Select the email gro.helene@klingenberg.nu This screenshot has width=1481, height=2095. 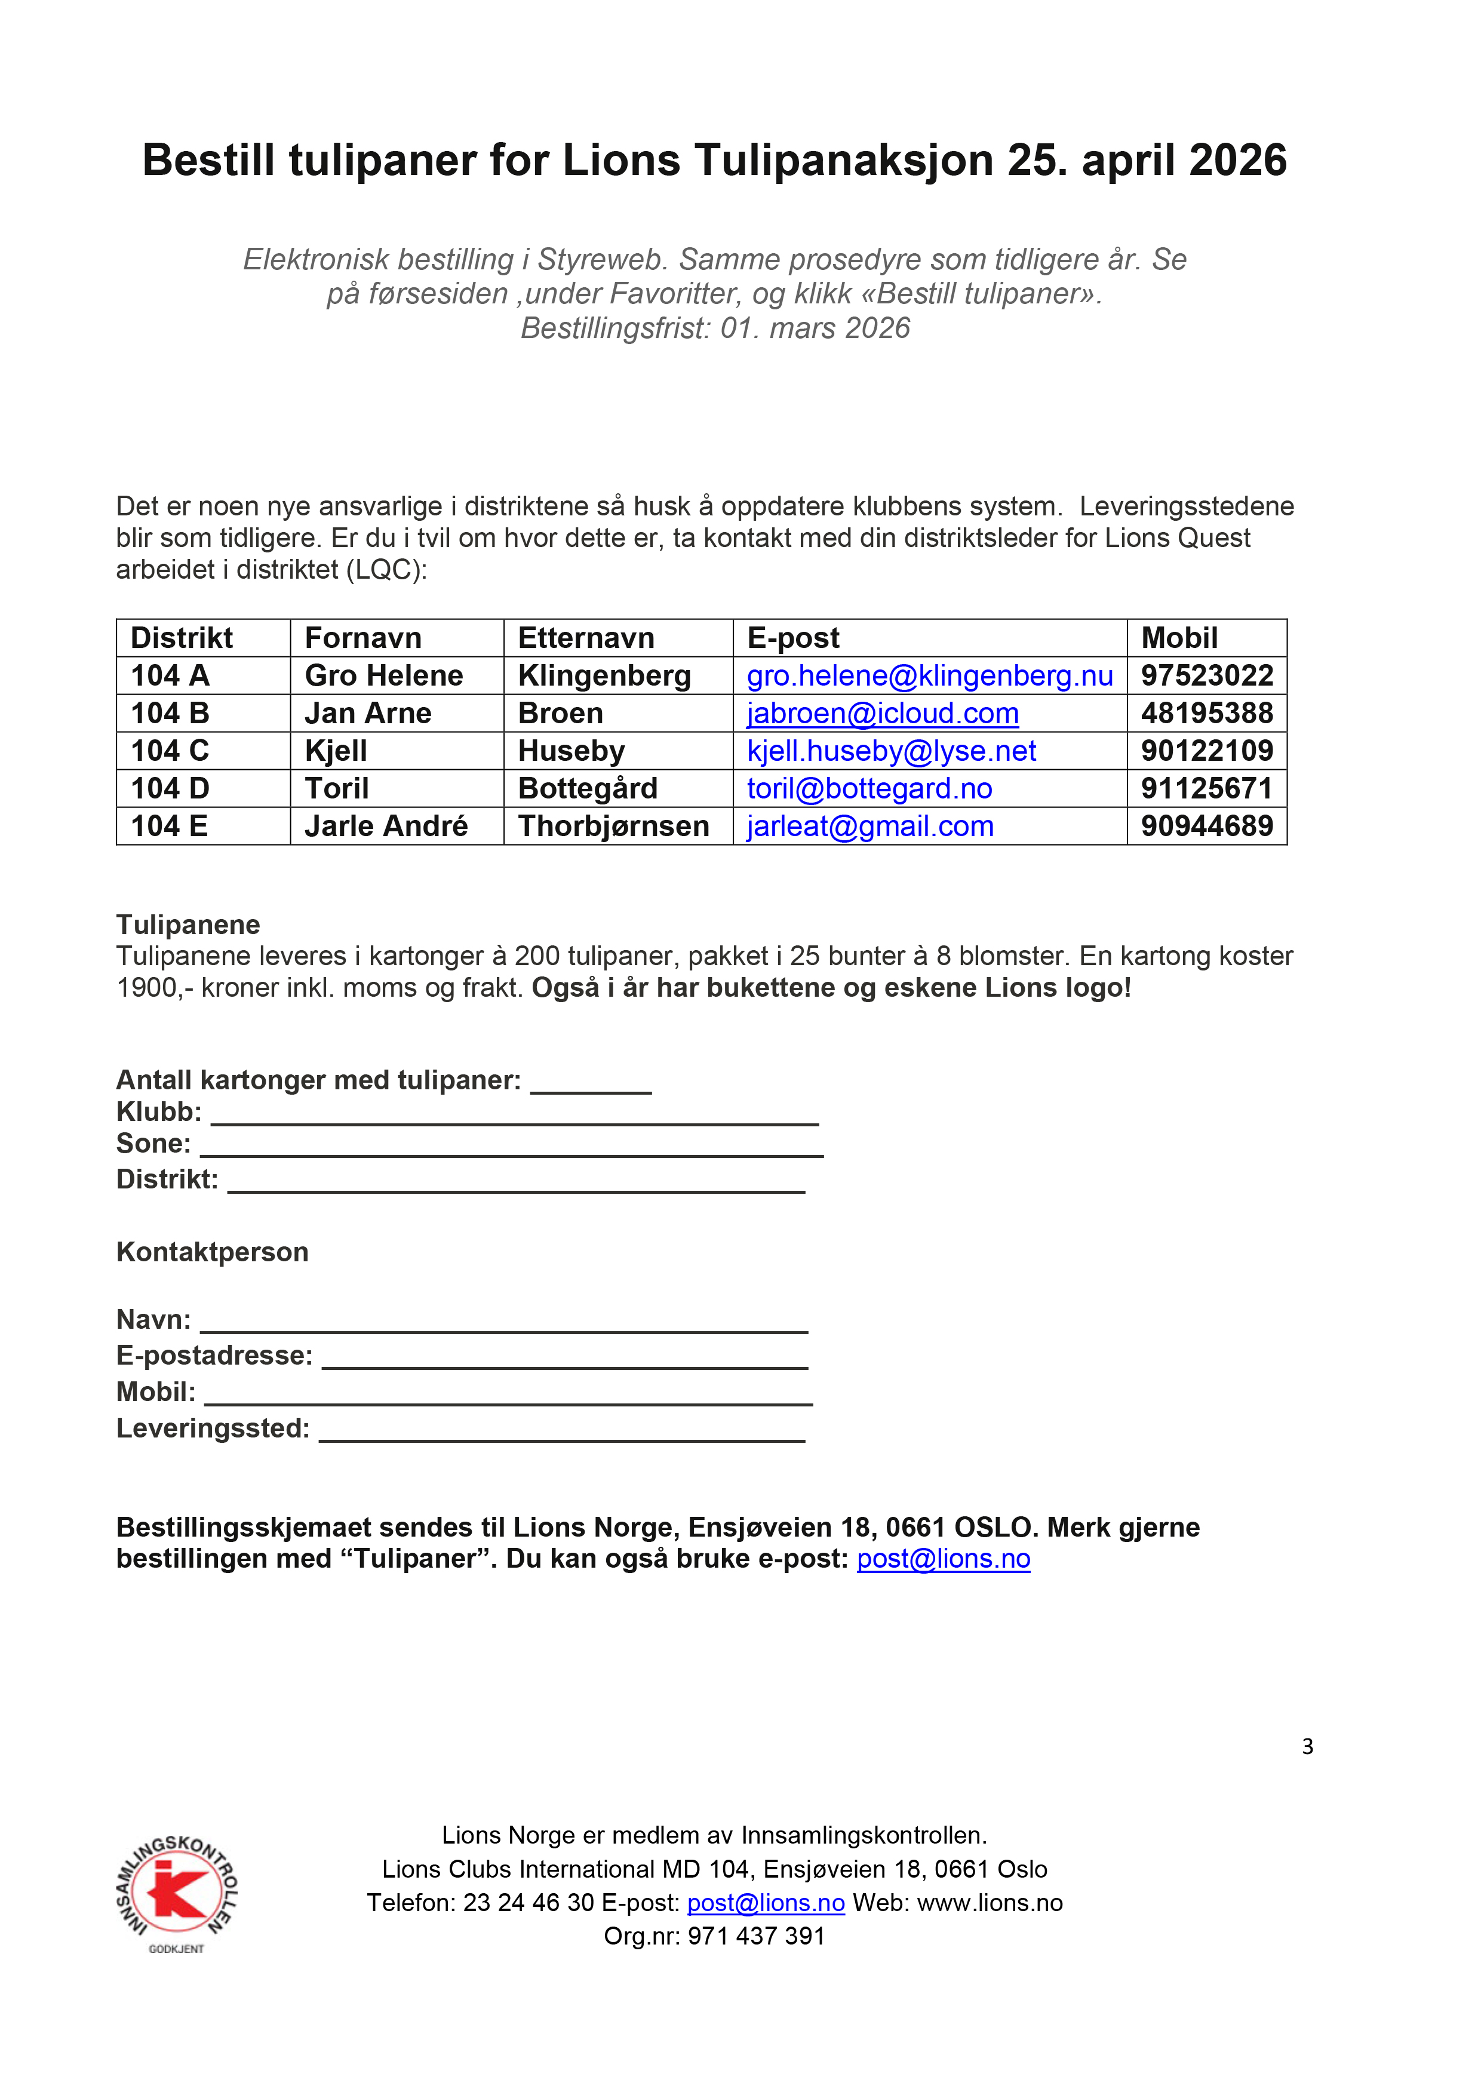coord(929,676)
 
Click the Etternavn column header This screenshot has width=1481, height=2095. coord(586,638)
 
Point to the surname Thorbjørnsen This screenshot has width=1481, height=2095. coord(613,827)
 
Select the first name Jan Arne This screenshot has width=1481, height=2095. coord(368,714)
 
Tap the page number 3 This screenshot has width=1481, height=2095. coord(1307,1746)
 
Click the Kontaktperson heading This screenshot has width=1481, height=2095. coord(212,1252)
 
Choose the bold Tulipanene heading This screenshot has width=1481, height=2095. coord(188,925)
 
